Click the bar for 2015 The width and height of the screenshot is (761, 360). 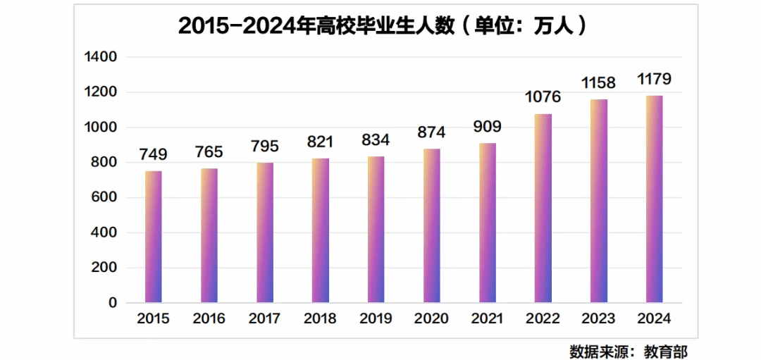tap(154, 237)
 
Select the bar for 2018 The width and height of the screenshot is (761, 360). tap(321, 231)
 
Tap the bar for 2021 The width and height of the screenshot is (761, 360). tap(488, 223)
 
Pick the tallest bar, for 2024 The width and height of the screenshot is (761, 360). tap(655, 199)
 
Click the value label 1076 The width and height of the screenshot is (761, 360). tap(543, 97)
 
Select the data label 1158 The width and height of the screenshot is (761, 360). tap(598, 82)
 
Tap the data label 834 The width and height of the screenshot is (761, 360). tap(376, 139)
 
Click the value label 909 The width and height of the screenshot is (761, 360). tap(488, 127)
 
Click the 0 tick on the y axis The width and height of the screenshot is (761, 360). tap(112, 303)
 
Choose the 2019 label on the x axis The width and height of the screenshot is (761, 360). tap(376, 318)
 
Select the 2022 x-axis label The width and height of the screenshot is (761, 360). tap(543, 318)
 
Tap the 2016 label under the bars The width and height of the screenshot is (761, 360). tap(209, 318)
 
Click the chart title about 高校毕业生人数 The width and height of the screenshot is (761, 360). tap(380, 26)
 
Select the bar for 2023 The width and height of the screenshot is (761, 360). tap(598, 201)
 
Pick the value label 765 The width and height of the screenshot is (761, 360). tap(209, 151)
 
